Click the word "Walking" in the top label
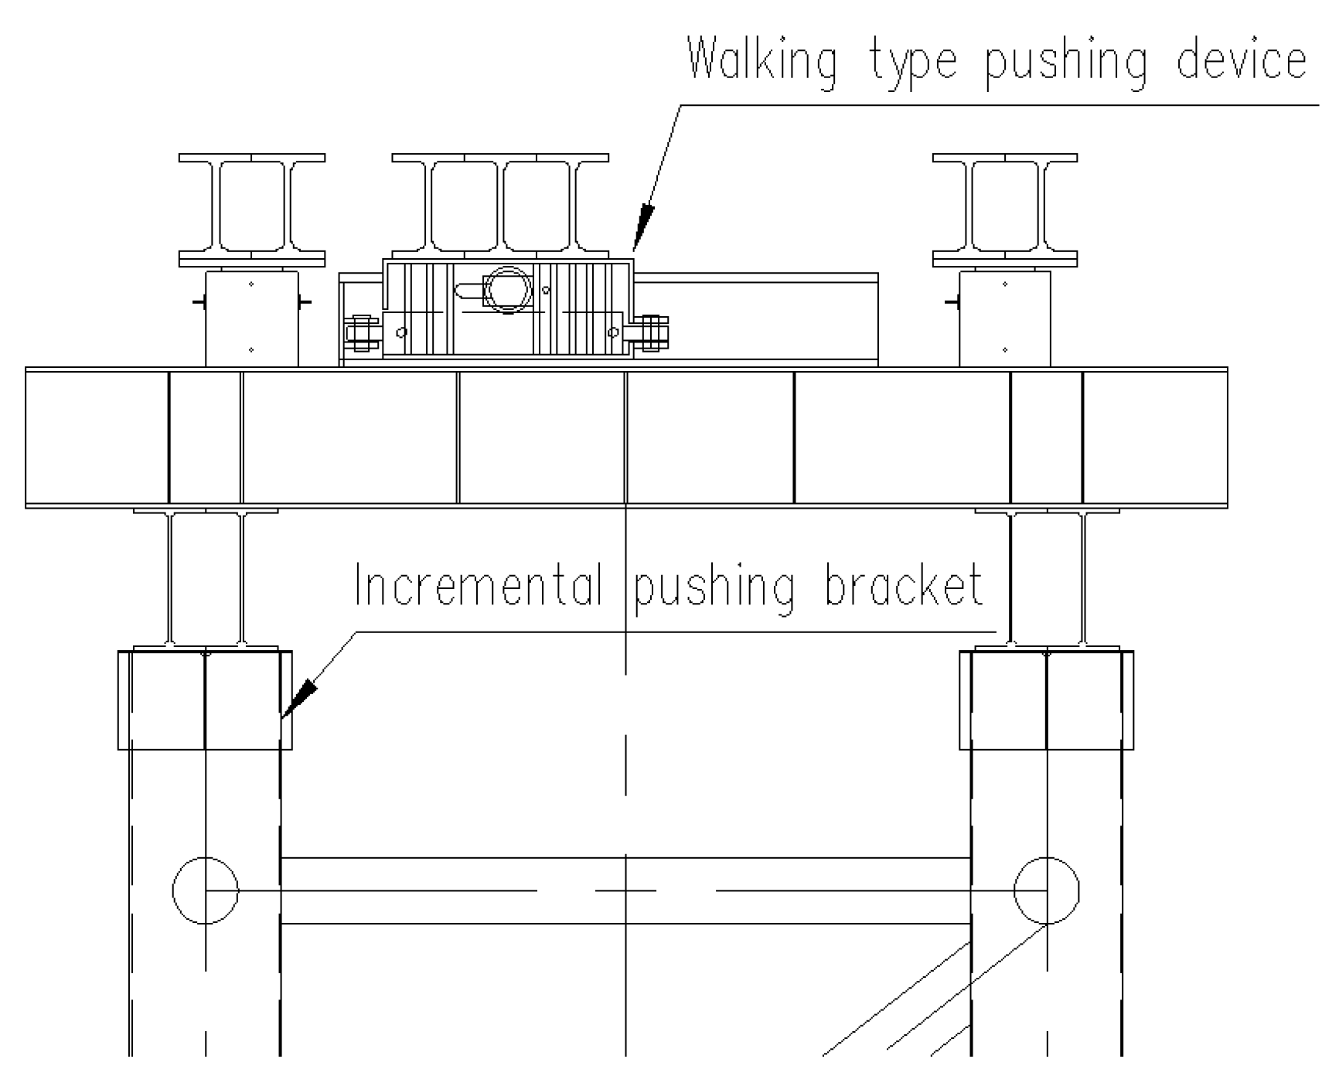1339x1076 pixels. [761, 63]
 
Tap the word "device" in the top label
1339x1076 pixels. [1241, 61]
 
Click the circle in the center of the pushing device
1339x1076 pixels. [508, 290]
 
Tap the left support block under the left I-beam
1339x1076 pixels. [252, 318]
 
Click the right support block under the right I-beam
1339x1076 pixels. [1004, 318]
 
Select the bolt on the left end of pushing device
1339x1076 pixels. [361, 334]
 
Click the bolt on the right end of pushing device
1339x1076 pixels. [653, 333]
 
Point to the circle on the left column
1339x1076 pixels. [205, 890]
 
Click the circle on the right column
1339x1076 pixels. [1046, 890]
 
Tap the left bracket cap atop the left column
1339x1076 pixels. [205, 700]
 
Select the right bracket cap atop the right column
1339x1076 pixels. [1046, 700]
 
